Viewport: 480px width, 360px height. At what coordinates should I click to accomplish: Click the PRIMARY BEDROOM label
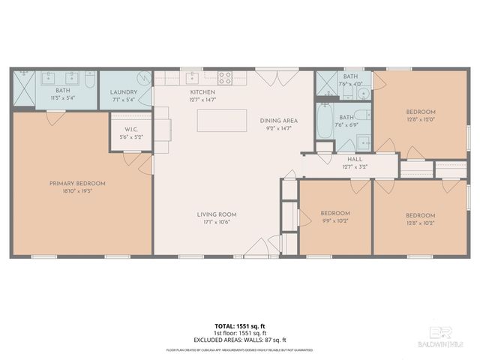(x=77, y=184)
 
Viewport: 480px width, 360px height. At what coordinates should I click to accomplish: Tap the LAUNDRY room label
(x=124, y=92)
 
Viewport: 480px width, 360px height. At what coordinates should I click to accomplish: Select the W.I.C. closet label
(x=129, y=129)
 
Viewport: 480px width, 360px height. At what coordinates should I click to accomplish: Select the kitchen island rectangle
(x=222, y=121)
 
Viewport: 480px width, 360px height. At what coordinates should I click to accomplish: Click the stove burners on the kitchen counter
(x=225, y=76)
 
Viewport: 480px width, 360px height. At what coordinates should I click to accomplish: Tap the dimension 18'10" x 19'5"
(x=77, y=190)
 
